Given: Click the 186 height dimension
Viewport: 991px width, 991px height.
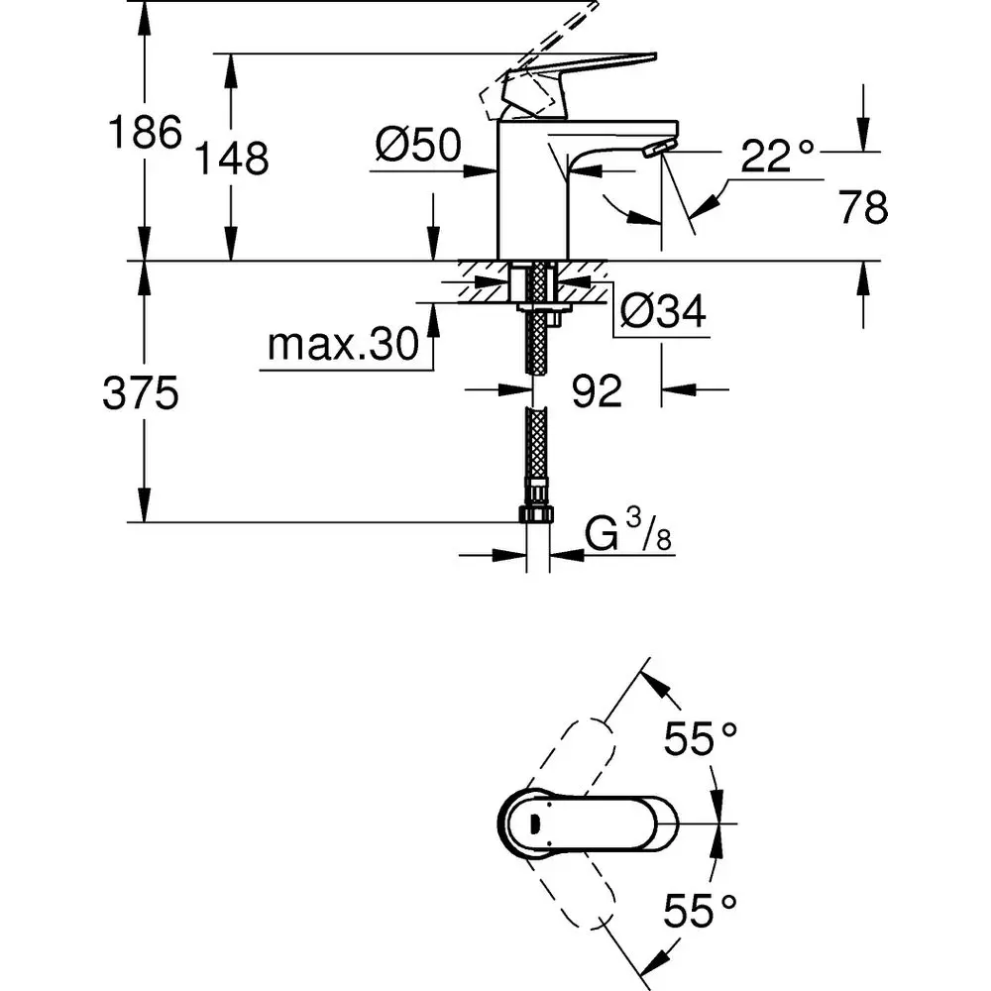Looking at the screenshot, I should coord(144,132).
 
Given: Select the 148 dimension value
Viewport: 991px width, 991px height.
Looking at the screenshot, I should coord(231,158).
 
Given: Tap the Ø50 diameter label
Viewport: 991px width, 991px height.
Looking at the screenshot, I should coord(417,148).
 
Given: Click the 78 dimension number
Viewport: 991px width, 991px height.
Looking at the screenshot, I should coord(862,208).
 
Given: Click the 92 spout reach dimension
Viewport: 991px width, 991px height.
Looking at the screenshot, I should coord(597,391).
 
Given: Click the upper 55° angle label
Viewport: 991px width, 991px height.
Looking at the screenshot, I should coord(701,739).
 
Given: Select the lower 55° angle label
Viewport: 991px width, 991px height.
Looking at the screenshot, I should coord(701,909).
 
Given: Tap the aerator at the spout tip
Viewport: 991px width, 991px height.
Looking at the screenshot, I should coord(655,149).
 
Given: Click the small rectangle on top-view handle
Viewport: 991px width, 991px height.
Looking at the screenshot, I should coord(535,823).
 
